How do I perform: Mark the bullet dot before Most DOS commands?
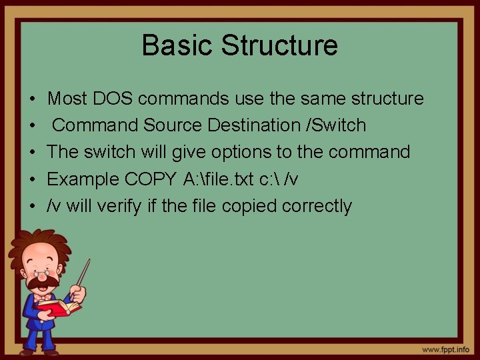pos(33,99)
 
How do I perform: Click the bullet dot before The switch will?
pos(33,153)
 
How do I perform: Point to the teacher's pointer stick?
pos(85,273)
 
